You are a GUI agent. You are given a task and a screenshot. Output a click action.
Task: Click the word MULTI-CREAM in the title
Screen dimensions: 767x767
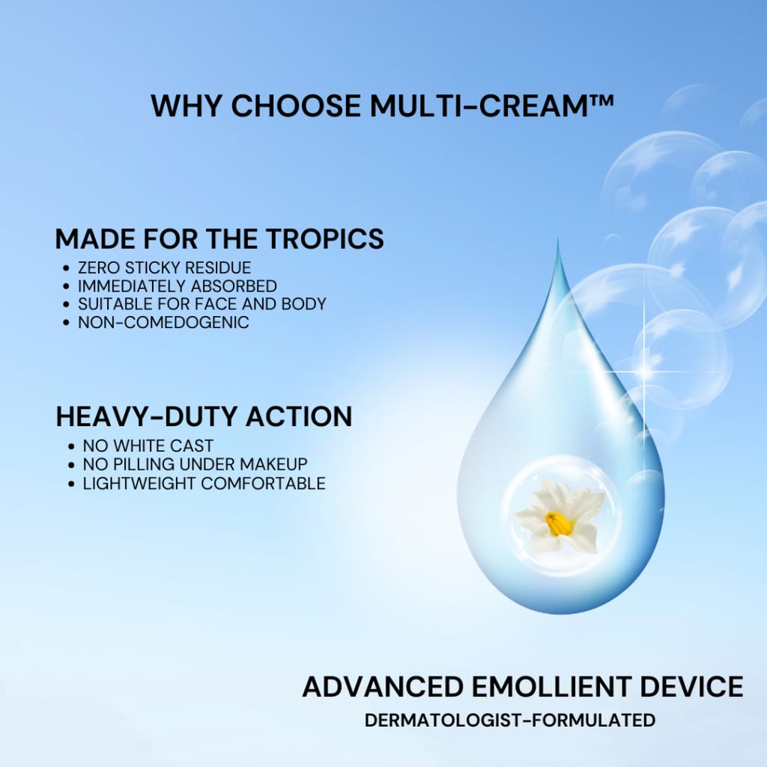tap(479, 106)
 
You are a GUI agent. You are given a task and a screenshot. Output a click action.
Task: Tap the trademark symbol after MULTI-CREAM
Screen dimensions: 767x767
tap(601, 100)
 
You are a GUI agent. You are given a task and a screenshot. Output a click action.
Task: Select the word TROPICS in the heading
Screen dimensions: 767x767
tap(325, 239)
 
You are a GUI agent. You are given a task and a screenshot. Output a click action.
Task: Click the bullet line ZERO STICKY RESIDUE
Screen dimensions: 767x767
tap(164, 267)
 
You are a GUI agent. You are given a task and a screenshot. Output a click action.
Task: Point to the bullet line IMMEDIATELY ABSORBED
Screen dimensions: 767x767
tap(178, 285)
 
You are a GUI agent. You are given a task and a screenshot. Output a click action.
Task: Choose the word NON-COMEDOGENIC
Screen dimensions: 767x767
tap(163, 322)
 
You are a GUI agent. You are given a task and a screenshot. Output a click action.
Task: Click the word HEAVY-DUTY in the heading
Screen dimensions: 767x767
tap(148, 416)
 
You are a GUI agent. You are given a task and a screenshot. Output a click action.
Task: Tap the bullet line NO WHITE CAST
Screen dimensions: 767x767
tap(148, 446)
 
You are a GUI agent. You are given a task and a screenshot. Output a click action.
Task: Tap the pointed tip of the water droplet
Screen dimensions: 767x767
tap(558, 240)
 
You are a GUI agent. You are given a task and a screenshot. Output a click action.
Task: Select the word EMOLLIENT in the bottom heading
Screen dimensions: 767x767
tap(552, 686)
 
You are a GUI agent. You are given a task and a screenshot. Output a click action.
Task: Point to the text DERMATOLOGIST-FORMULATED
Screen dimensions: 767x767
tap(509, 720)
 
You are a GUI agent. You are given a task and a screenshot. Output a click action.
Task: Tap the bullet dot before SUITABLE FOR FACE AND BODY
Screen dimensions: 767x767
tap(67, 304)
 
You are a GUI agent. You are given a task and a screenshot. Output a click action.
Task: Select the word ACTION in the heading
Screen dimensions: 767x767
tap(299, 416)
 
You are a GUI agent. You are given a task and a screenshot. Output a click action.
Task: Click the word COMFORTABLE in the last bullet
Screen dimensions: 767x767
tap(263, 483)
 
